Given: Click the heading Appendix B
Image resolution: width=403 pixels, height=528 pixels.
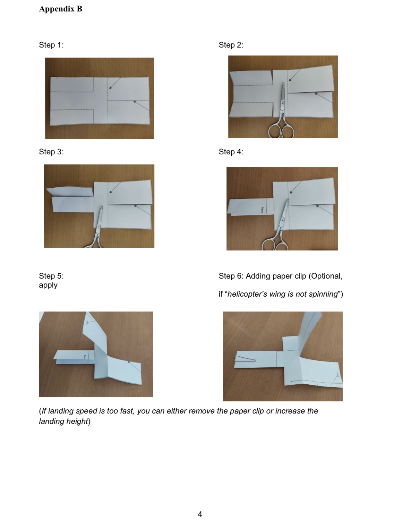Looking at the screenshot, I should tap(61, 9).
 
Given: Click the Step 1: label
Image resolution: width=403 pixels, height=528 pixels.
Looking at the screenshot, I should tap(51, 45).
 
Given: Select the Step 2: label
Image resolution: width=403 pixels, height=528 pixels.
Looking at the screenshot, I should tap(231, 45).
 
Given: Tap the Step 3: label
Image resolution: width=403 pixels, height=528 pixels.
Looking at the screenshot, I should tap(51, 152).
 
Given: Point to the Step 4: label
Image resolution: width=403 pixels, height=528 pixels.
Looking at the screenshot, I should tap(231, 152).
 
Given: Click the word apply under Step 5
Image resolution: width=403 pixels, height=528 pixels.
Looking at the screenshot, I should tap(48, 285).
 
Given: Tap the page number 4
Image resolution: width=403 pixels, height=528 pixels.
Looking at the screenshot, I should tap(200, 514).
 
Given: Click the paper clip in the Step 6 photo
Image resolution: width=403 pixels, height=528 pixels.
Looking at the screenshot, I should tap(246, 358).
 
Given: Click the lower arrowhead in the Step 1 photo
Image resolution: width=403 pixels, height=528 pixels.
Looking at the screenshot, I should tap(134, 102).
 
